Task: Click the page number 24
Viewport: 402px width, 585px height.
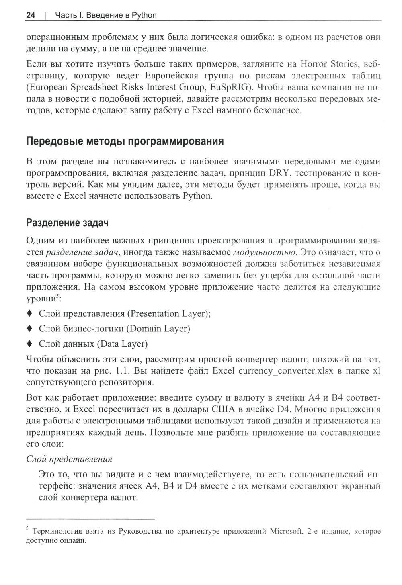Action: click(x=31, y=15)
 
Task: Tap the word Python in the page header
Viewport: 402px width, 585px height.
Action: click(x=144, y=16)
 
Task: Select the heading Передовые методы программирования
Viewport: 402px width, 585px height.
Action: click(x=125, y=141)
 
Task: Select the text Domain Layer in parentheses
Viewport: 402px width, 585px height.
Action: click(x=158, y=329)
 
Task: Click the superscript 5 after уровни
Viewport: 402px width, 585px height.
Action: click(x=58, y=297)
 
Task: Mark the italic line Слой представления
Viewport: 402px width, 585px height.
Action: click(x=69, y=459)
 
